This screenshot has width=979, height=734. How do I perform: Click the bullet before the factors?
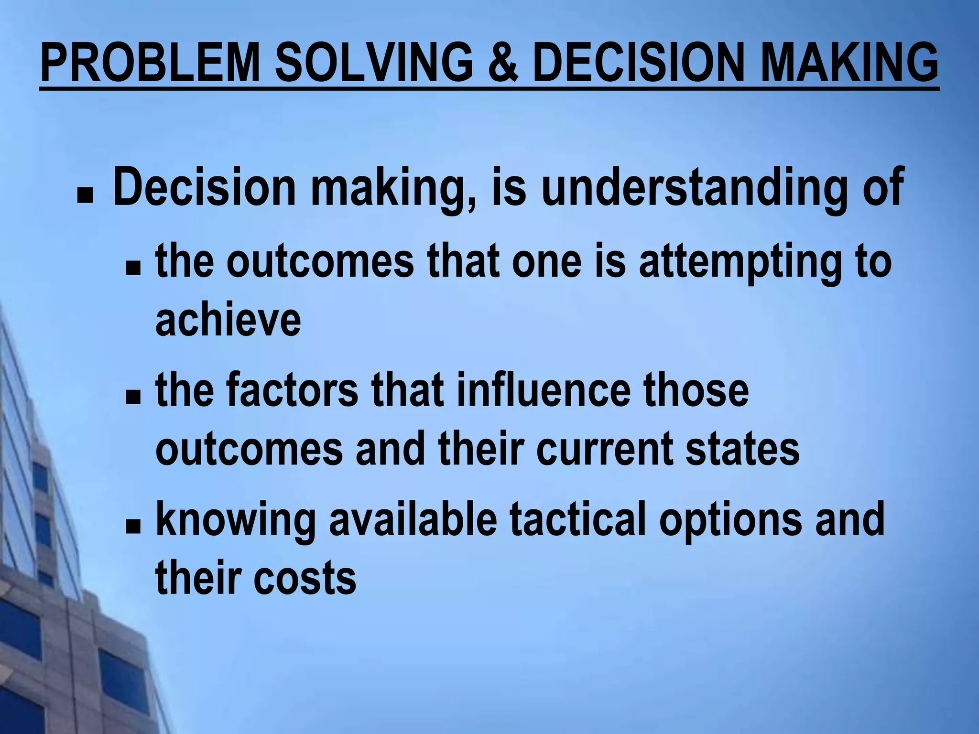pos(133,397)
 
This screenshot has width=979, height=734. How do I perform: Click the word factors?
pos(292,389)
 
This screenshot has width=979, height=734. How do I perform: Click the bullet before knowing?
pos(133,527)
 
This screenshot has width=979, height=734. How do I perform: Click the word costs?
pos(305,578)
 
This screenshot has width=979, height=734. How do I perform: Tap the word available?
pos(413,519)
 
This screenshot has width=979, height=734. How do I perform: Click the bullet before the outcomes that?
pos(133,270)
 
